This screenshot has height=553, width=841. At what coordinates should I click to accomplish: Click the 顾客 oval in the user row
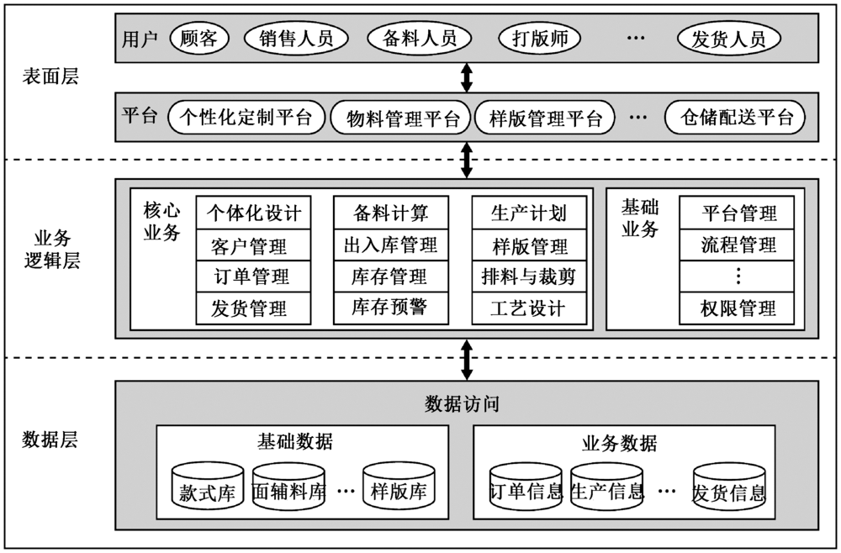199,38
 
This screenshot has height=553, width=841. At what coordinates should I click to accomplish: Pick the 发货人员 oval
728,38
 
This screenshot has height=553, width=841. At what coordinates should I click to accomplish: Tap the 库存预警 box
390,308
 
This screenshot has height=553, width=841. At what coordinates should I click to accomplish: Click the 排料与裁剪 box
529,276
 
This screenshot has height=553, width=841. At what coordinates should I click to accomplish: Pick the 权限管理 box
738,308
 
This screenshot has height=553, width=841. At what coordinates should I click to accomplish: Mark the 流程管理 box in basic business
738,245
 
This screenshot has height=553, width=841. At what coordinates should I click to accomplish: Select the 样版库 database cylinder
399,490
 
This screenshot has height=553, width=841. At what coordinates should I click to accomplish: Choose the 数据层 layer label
50,440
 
